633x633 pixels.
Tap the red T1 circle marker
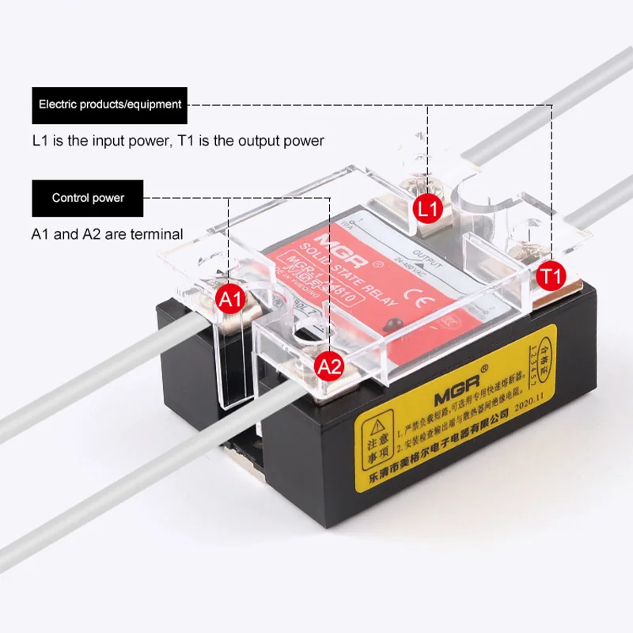[x=551, y=277]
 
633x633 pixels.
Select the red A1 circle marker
[x=230, y=300]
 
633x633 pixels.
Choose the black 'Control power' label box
[x=88, y=198]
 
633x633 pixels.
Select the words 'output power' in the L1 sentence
[x=286, y=141]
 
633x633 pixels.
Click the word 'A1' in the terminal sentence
[x=41, y=234]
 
